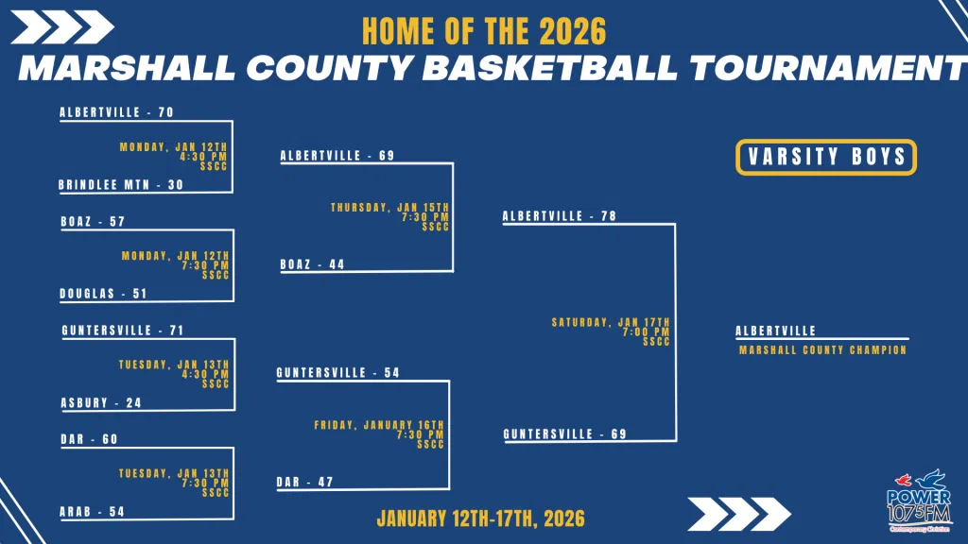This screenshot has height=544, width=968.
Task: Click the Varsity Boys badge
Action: click(x=826, y=157)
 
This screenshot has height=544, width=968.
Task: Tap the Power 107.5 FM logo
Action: click(x=919, y=501)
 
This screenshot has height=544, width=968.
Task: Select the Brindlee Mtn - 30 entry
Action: click(x=121, y=184)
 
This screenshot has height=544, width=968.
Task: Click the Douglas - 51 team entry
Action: click(x=103, y=294)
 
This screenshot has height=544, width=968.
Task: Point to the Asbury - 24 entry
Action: click(x=101, y=402)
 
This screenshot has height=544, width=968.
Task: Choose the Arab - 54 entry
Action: click(x=92, y=511)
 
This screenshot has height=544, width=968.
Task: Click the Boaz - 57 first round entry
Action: click(x=94, y=221)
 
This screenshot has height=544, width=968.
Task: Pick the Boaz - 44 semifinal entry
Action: click(x=312, y=264)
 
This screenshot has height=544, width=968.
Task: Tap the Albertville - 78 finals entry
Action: click(x=560, y=216)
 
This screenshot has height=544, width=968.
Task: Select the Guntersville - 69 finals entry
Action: click(x=565, y=434)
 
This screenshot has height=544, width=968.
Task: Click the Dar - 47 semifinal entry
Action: click(x=305, y=482)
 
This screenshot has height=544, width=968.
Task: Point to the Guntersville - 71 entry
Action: click(x=123, y=330)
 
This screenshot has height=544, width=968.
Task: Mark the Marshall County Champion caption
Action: click(x=823, y=349)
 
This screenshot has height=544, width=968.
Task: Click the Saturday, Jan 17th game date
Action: click(x=611, y=322)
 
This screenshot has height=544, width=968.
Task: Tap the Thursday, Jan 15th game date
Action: click(x=390, y=207)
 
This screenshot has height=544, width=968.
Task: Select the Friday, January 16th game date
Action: click(x=379, y=425)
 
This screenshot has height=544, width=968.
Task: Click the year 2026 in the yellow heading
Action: click(x=573, y=31)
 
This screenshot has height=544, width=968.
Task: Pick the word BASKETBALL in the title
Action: click(x=550, y=67)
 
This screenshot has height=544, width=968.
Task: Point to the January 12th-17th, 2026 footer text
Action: click(x=481, y=518)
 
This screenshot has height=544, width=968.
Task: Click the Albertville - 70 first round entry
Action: click(x=116, y=112)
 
